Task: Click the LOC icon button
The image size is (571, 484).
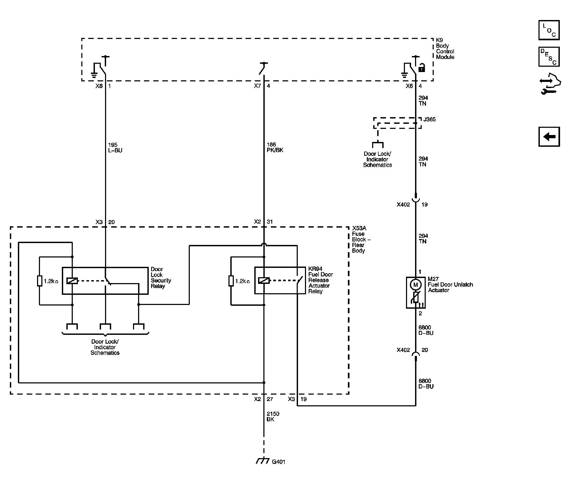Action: pyautogui.click(x=549, y=30)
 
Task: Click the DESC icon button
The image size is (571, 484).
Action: pyautogui.click(x=549, y=57)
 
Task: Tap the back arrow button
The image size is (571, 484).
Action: pyautogui.click(x=549, y=137)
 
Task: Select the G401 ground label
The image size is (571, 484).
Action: pyautogui.click(x=279, y=462)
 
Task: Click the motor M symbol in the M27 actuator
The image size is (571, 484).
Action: pyautogui.click(x=416, y=285)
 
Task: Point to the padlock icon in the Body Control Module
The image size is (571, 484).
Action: pyautogui.click(x=422, y=68)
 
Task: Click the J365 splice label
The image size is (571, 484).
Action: pyautogui.click(x=429, y=119)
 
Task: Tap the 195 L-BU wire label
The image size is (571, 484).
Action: pyautogui.click(x=115, y=148)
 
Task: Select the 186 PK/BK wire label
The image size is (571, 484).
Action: pyautogui.click(x=275, y=147)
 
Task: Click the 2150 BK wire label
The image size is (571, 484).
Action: pyautogui.click(x=273, y=416)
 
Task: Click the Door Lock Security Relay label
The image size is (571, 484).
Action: pyautogui.click(x=161, y=278)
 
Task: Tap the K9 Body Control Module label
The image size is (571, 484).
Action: pyautogui.click(x=445, y=49)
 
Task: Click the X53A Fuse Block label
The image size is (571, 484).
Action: pyautogui.click(x=361, y=240)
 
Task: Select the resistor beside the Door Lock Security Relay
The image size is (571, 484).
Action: pyautogui.click(x=40, y=281)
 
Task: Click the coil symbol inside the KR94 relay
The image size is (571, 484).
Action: pyautogui.click(x=264, y=281)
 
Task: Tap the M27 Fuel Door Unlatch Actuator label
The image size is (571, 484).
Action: pyautogui.click(x=451, y=284)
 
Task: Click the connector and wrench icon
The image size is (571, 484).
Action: pyautogui.click(x=550, y=84)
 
